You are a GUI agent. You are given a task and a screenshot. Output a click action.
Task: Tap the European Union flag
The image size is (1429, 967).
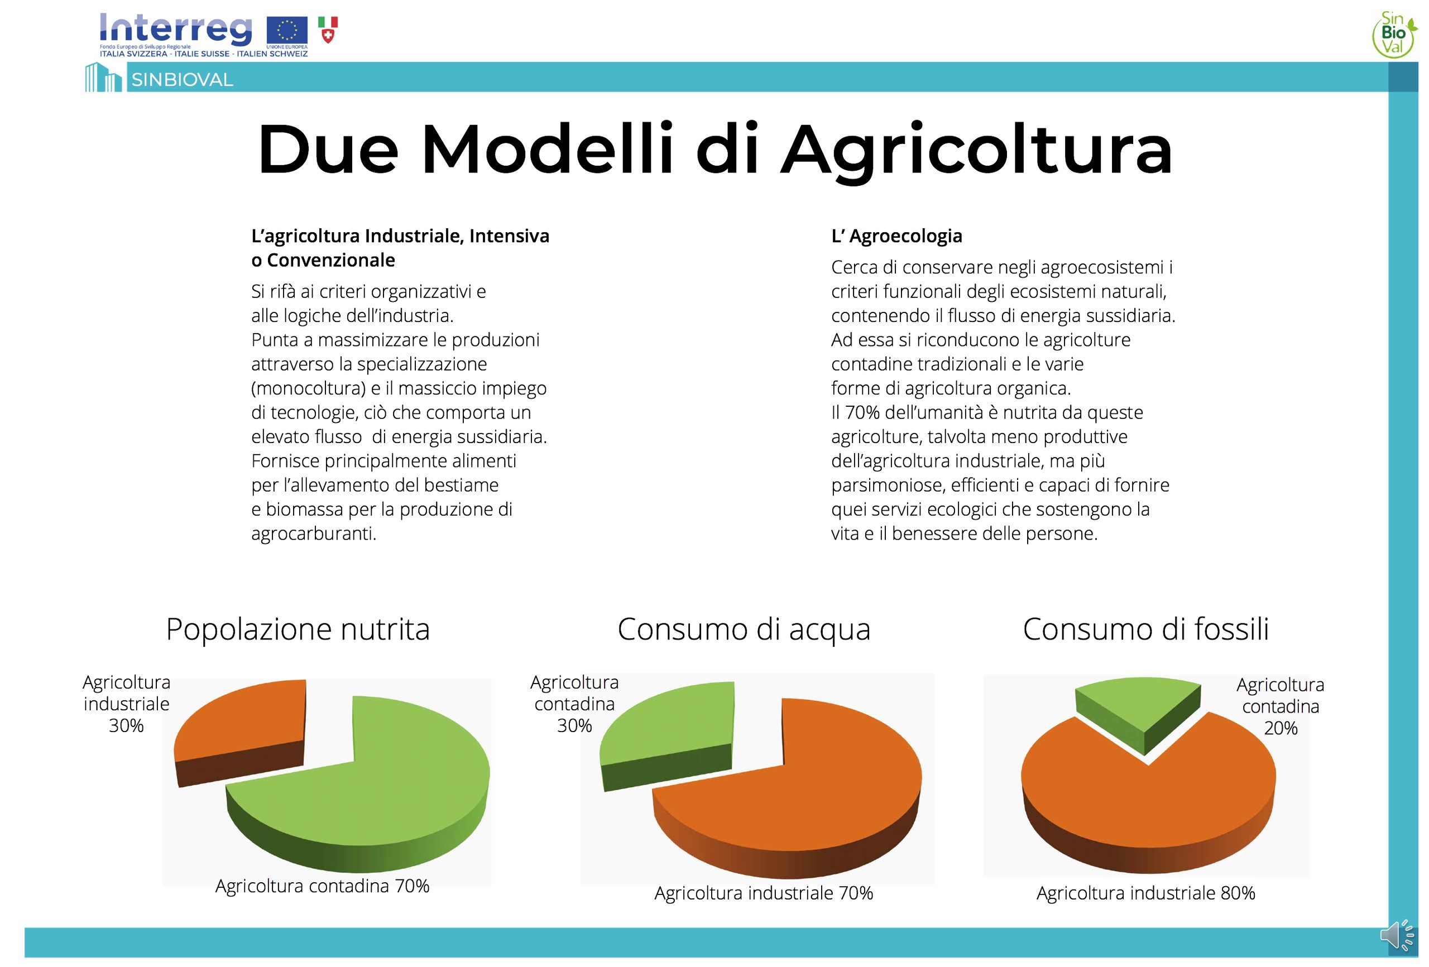coord(286,30)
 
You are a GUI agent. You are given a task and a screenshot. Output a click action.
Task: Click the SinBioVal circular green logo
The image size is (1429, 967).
coord(1394,35)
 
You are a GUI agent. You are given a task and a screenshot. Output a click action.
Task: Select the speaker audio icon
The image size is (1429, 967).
coord(1398,936)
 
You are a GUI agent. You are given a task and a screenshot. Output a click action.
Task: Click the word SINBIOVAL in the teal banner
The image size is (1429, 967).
coord(182,80)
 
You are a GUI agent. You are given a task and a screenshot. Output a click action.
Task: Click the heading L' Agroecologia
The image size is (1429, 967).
coord(896,236)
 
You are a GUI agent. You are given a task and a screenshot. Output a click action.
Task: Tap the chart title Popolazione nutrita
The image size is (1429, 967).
coord(298,629)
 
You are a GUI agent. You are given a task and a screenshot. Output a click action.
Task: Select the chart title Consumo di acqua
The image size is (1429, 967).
coord(744,629)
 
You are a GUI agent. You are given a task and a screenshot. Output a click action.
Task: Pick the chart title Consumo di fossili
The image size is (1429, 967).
coord(1145,629)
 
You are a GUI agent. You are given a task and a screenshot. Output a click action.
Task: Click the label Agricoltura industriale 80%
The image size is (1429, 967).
coord(1145,893)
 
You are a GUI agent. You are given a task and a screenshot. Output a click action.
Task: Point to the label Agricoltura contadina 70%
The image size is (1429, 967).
coord(322,886)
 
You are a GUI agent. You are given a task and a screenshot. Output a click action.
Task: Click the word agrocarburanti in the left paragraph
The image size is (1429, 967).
coord(314,534)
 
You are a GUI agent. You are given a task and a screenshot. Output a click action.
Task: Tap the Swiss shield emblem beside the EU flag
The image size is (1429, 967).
coord(328,30)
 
